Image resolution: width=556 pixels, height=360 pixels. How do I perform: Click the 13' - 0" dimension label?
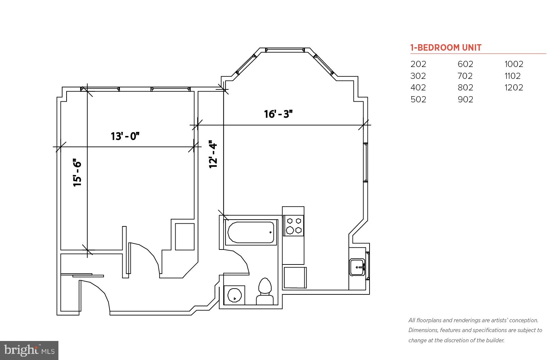(125, 136)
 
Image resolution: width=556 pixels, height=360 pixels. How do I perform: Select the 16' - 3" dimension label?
(278, 114)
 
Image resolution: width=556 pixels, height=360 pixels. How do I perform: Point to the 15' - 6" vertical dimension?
(77, 173)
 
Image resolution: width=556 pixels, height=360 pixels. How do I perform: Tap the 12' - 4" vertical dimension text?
(213, 155)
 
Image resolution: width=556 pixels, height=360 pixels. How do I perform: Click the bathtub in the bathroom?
(251, 233)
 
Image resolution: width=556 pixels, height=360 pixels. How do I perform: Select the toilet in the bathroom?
(265, 292)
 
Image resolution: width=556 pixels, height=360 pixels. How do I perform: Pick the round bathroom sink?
(234, 295)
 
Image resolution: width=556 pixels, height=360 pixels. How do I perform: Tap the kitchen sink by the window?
(357, 268)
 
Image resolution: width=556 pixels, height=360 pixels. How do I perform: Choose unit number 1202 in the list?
(514, 88)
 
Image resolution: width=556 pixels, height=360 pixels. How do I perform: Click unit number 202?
(418, 64)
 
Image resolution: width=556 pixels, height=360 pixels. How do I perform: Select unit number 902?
(465, 99)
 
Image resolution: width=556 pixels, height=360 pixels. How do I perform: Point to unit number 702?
(465, 76)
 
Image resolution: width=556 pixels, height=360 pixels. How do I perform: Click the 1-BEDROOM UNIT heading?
(446, 48)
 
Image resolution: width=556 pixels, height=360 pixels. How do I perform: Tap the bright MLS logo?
(29, 350)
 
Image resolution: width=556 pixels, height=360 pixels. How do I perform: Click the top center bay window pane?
(285, 50)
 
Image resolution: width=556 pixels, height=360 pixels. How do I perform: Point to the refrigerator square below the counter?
(295, 278)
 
